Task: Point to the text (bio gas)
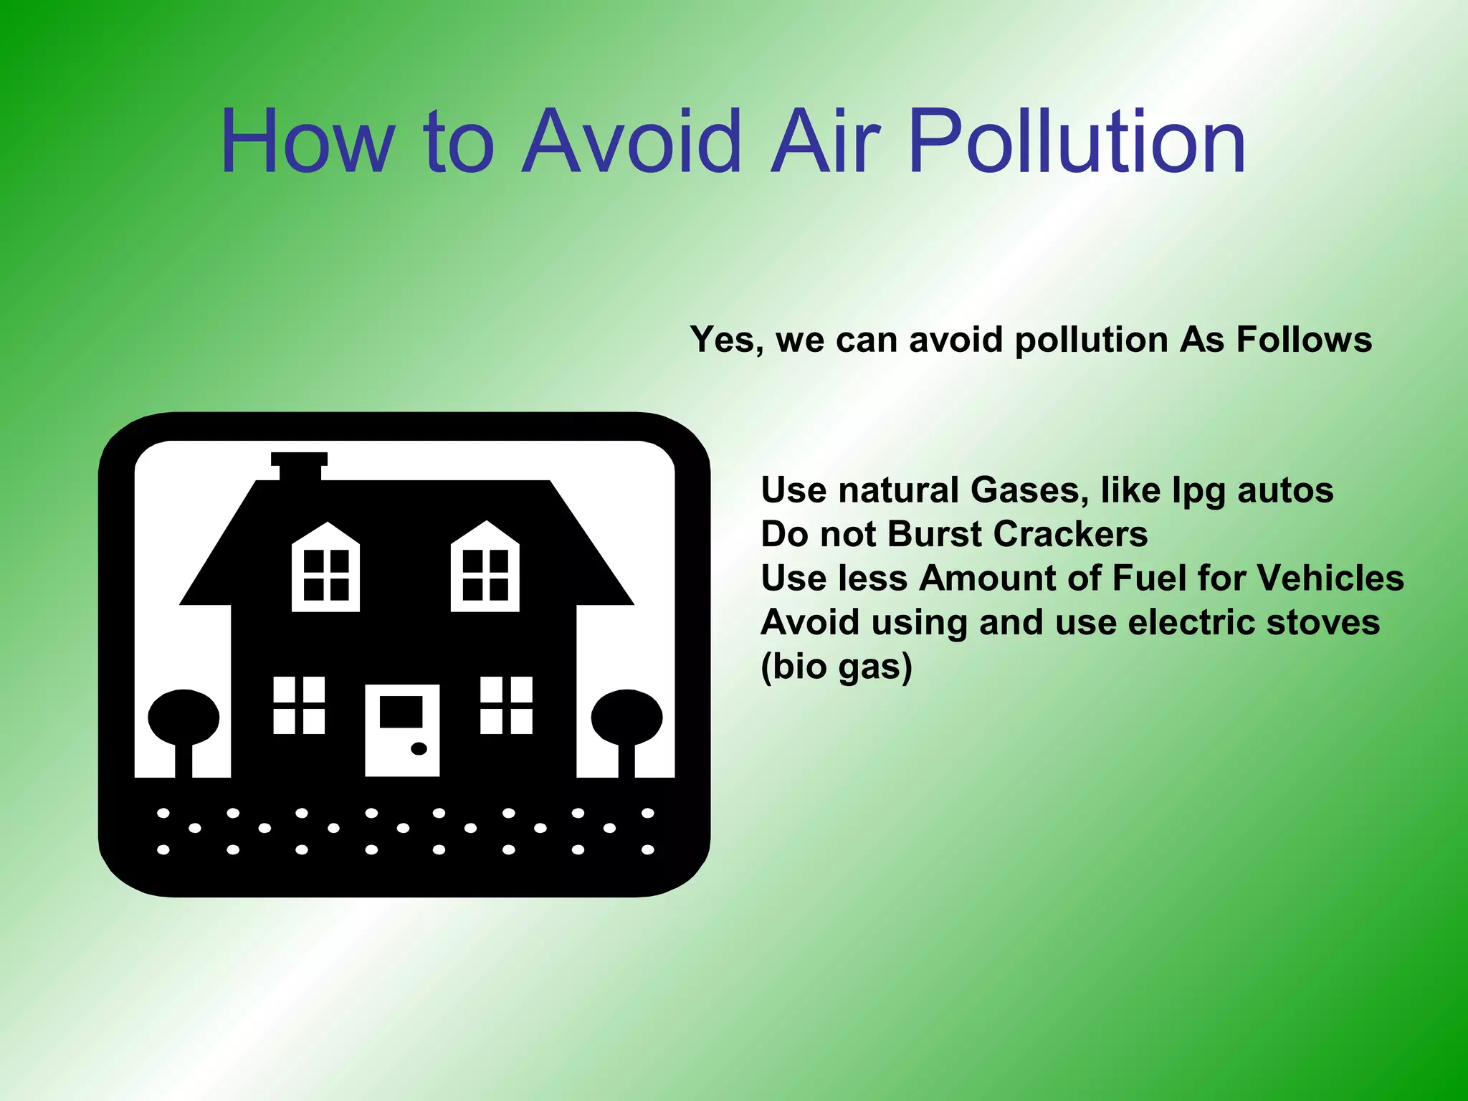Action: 836,667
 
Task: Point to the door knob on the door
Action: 419,748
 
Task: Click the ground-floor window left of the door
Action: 299,705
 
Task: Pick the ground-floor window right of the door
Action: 506,705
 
